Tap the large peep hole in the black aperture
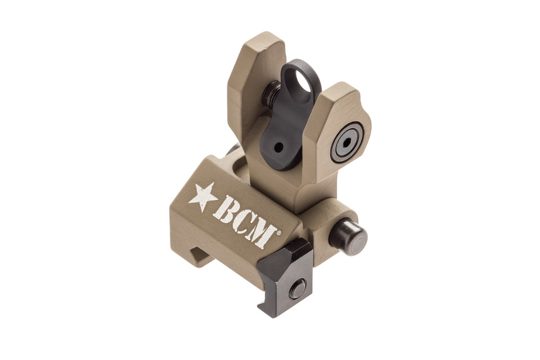coord(303,84)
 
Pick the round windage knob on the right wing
coord(346,142)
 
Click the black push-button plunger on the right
coord(348,236)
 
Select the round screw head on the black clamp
coord(297,289)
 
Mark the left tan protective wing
coord(253,79)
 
